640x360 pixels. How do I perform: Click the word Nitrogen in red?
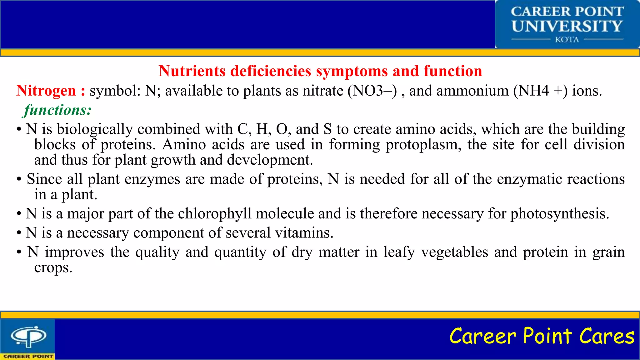click(x=46, y=91)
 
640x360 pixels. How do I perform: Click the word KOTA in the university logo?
click(x=567, y=40)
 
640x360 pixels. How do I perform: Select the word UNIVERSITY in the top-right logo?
click(x=567, y=26)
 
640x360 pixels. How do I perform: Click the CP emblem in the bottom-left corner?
click(x=28, y=337)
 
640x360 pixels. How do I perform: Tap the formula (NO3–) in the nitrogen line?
click(x=372, y=91)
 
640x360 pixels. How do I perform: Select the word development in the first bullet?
click(x=270, y=160)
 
